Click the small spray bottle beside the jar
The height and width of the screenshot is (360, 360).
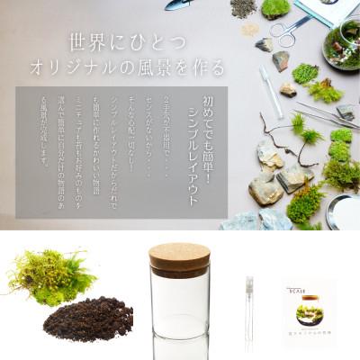point(249,310)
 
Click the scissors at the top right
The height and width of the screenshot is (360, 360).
point(290,34)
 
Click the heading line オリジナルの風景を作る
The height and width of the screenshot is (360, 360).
point(126,68)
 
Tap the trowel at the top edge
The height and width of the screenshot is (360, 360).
point(179,4)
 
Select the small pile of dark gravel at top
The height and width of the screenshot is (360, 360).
point(243,8)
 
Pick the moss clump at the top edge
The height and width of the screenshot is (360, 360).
point(276,8)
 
